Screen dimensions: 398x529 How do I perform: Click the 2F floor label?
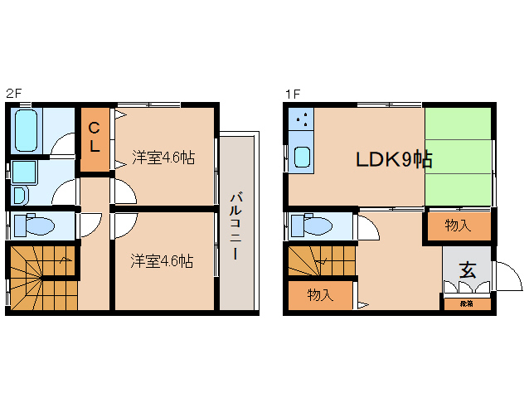pyautogui.click(x=12, y=93)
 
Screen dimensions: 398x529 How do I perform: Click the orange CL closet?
pyautogui.click(x=95, y=138)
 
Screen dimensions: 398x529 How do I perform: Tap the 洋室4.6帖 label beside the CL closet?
pyautogui.click(x=163, y=156)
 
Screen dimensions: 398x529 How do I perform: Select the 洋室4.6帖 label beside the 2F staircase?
pyautogui.click(x=163, y=260)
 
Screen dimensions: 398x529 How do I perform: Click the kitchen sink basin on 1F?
pyautogui.click(x=302, y=157)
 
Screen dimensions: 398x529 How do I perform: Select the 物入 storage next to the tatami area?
pyautogui.click(x=457, y=226)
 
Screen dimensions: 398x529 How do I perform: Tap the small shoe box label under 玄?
pyautogui.click(x=467, y=304)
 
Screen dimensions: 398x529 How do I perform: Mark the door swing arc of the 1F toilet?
pyautogui.click(x=366, y=226)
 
